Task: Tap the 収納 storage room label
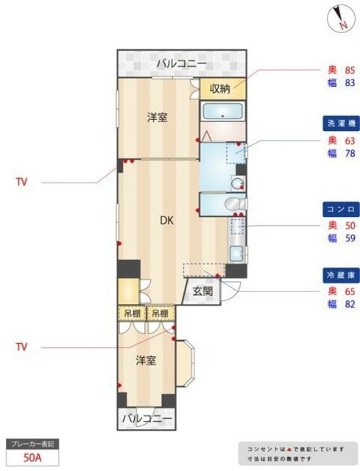click(x=220, y=88)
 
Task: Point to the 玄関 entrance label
click(x=202, y=291)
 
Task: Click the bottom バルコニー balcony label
click(x=147, y=419)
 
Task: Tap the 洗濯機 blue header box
click(x=340, y=123)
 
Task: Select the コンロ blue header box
click(x=340, y=208)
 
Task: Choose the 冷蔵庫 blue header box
click(x=340, y=275)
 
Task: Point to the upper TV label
click(x=21, y=182)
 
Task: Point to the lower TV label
click(x=21, y=345)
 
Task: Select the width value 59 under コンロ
click(x=350, y=238)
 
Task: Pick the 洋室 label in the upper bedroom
click(x=156, y=117)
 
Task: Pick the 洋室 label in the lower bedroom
click(x=146, y=361)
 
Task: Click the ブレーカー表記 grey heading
click(x=31, y=445)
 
